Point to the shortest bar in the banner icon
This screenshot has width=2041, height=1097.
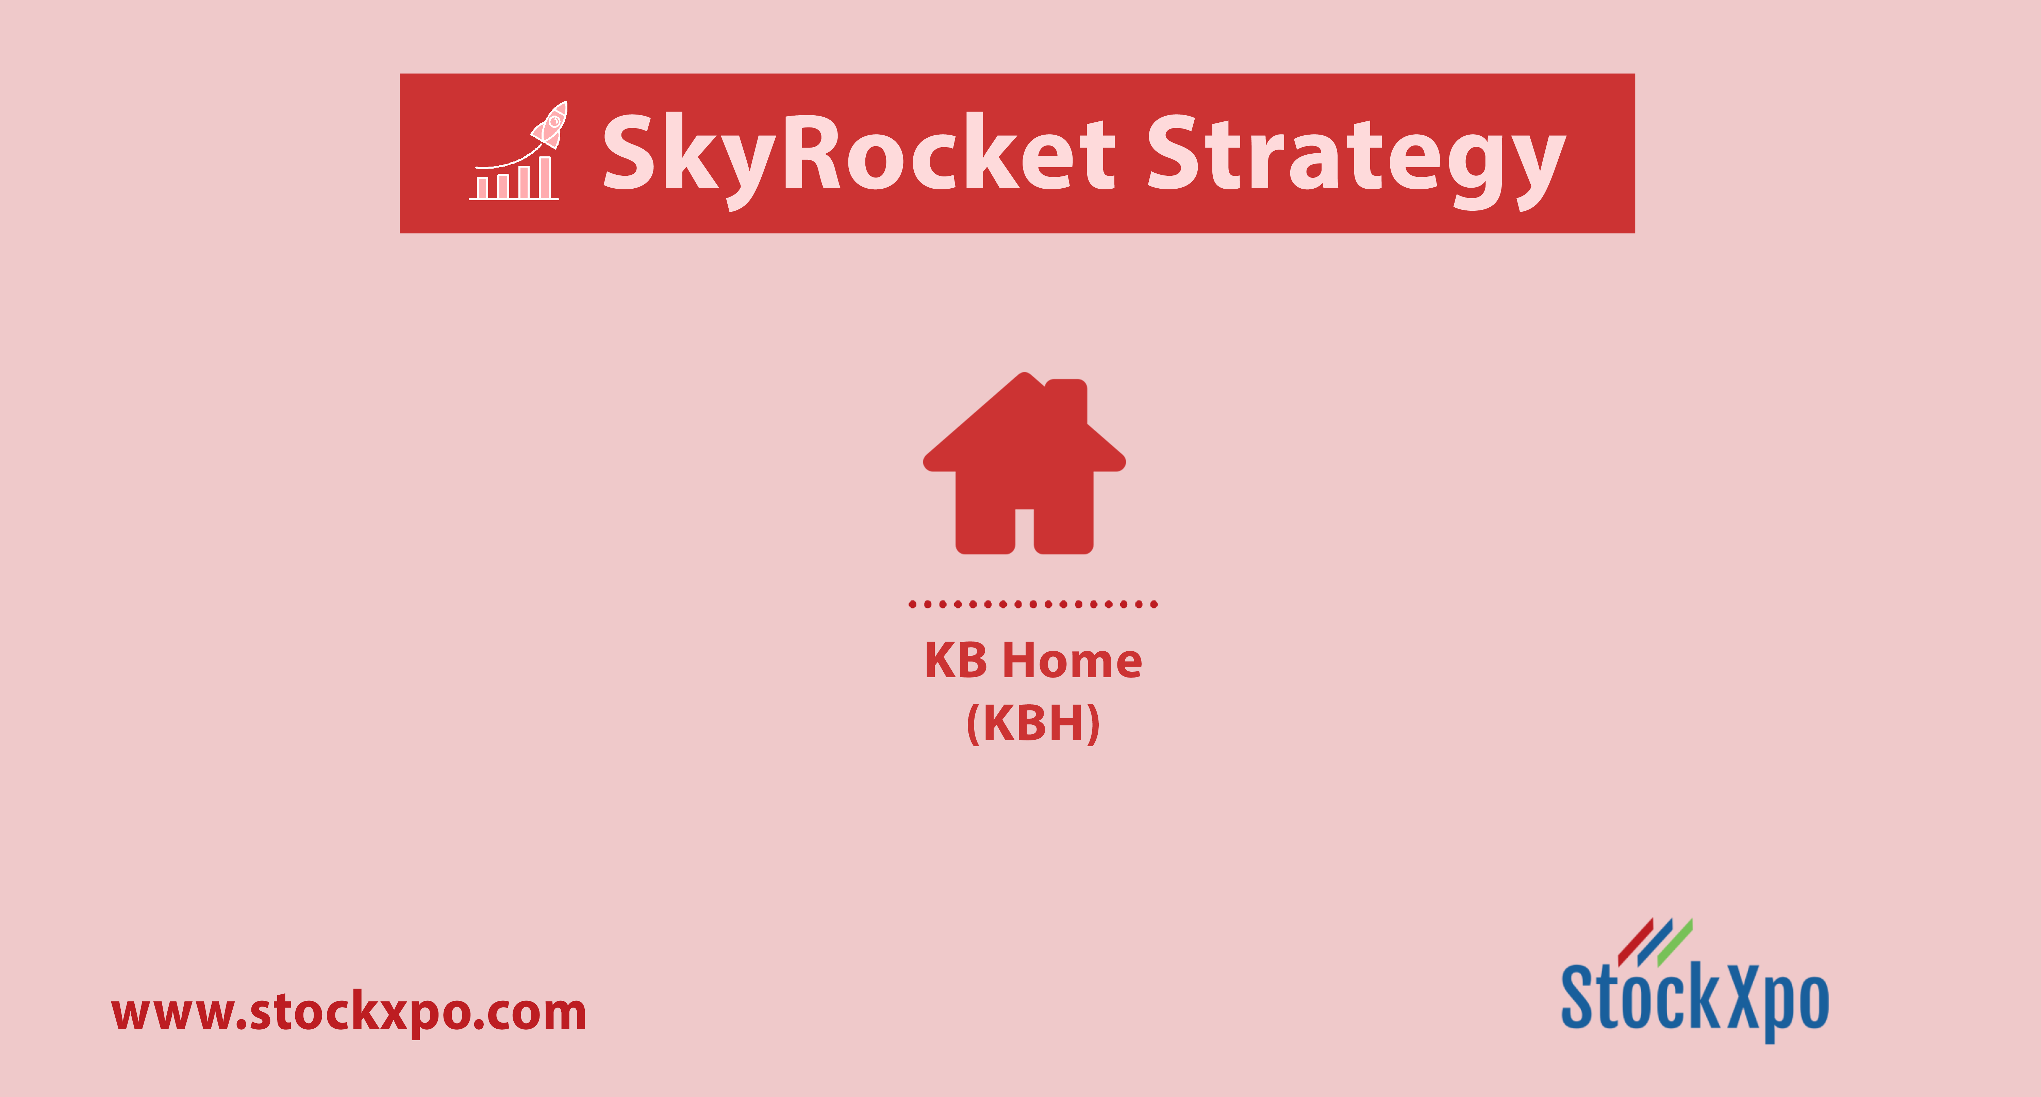[482, 188]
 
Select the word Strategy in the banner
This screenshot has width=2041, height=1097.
[1356, 158]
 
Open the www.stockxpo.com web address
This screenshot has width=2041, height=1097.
[349, 1013]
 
